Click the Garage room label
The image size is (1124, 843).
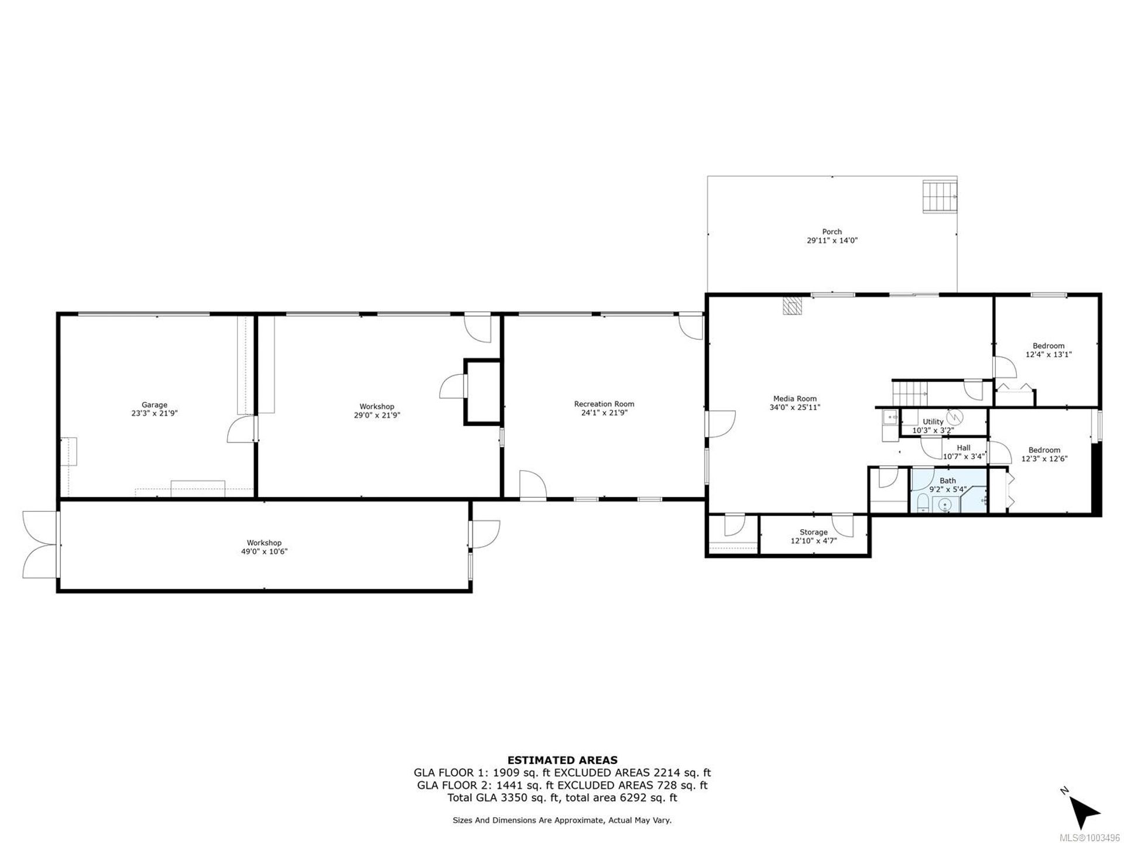[155, 405]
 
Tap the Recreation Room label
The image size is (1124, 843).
[604, 404]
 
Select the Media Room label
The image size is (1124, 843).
[794, 399]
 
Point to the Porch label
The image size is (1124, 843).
[832, 232]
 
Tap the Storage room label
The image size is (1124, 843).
[814, 532]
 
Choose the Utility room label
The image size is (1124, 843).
[933, 421]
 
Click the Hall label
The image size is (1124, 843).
[964, 448]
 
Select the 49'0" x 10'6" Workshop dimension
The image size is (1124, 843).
[264, 551]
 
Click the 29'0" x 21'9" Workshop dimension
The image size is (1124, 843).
[376, 415]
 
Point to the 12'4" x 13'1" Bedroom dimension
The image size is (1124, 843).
[1048, 354]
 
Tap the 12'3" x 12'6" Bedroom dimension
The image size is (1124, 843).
[1044, 459]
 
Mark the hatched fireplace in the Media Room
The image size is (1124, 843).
[791, 306]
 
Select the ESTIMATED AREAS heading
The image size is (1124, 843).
[562, 760]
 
